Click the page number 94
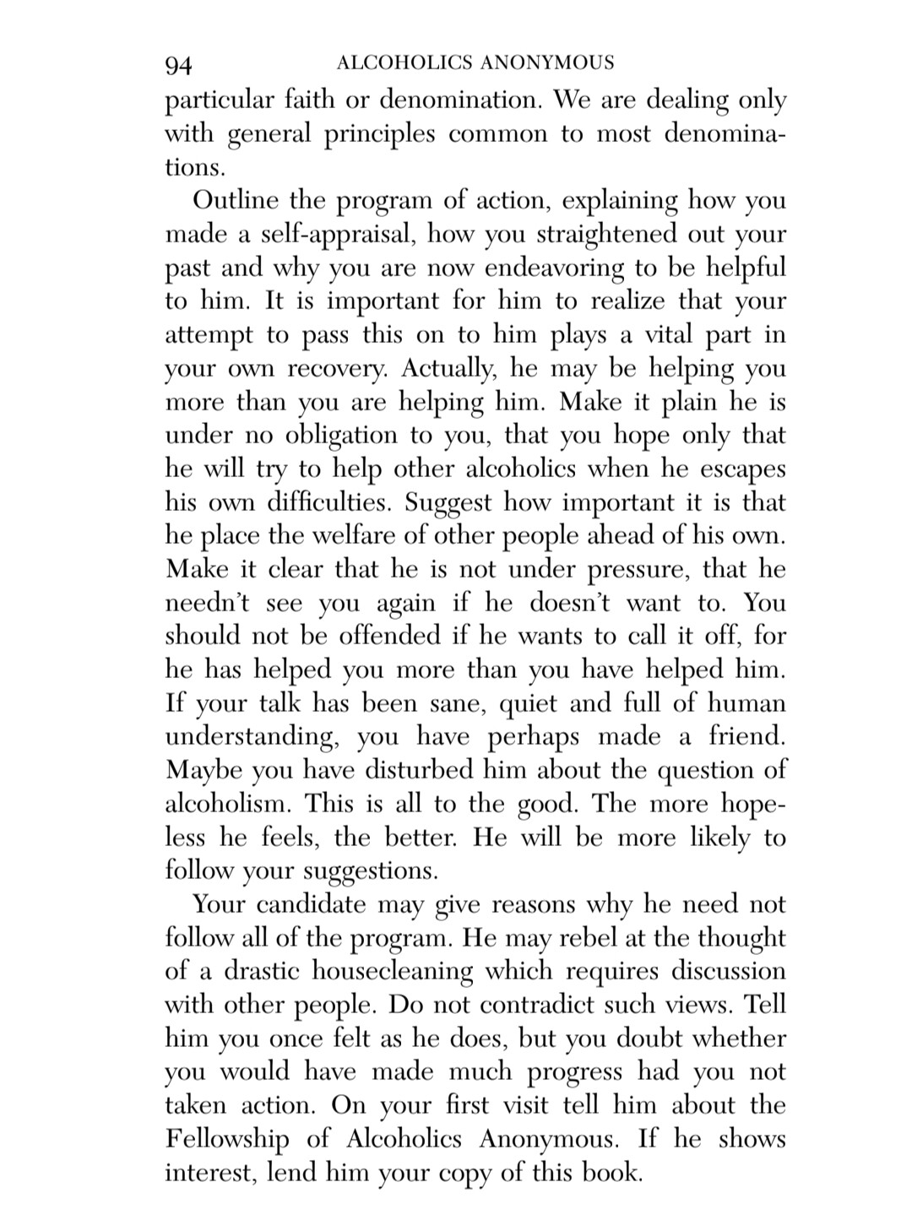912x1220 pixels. tap(180, 64)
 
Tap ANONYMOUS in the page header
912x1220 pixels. tap(547, 62)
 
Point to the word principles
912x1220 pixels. tap(378, 134)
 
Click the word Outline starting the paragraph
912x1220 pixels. tap(236, 201)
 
